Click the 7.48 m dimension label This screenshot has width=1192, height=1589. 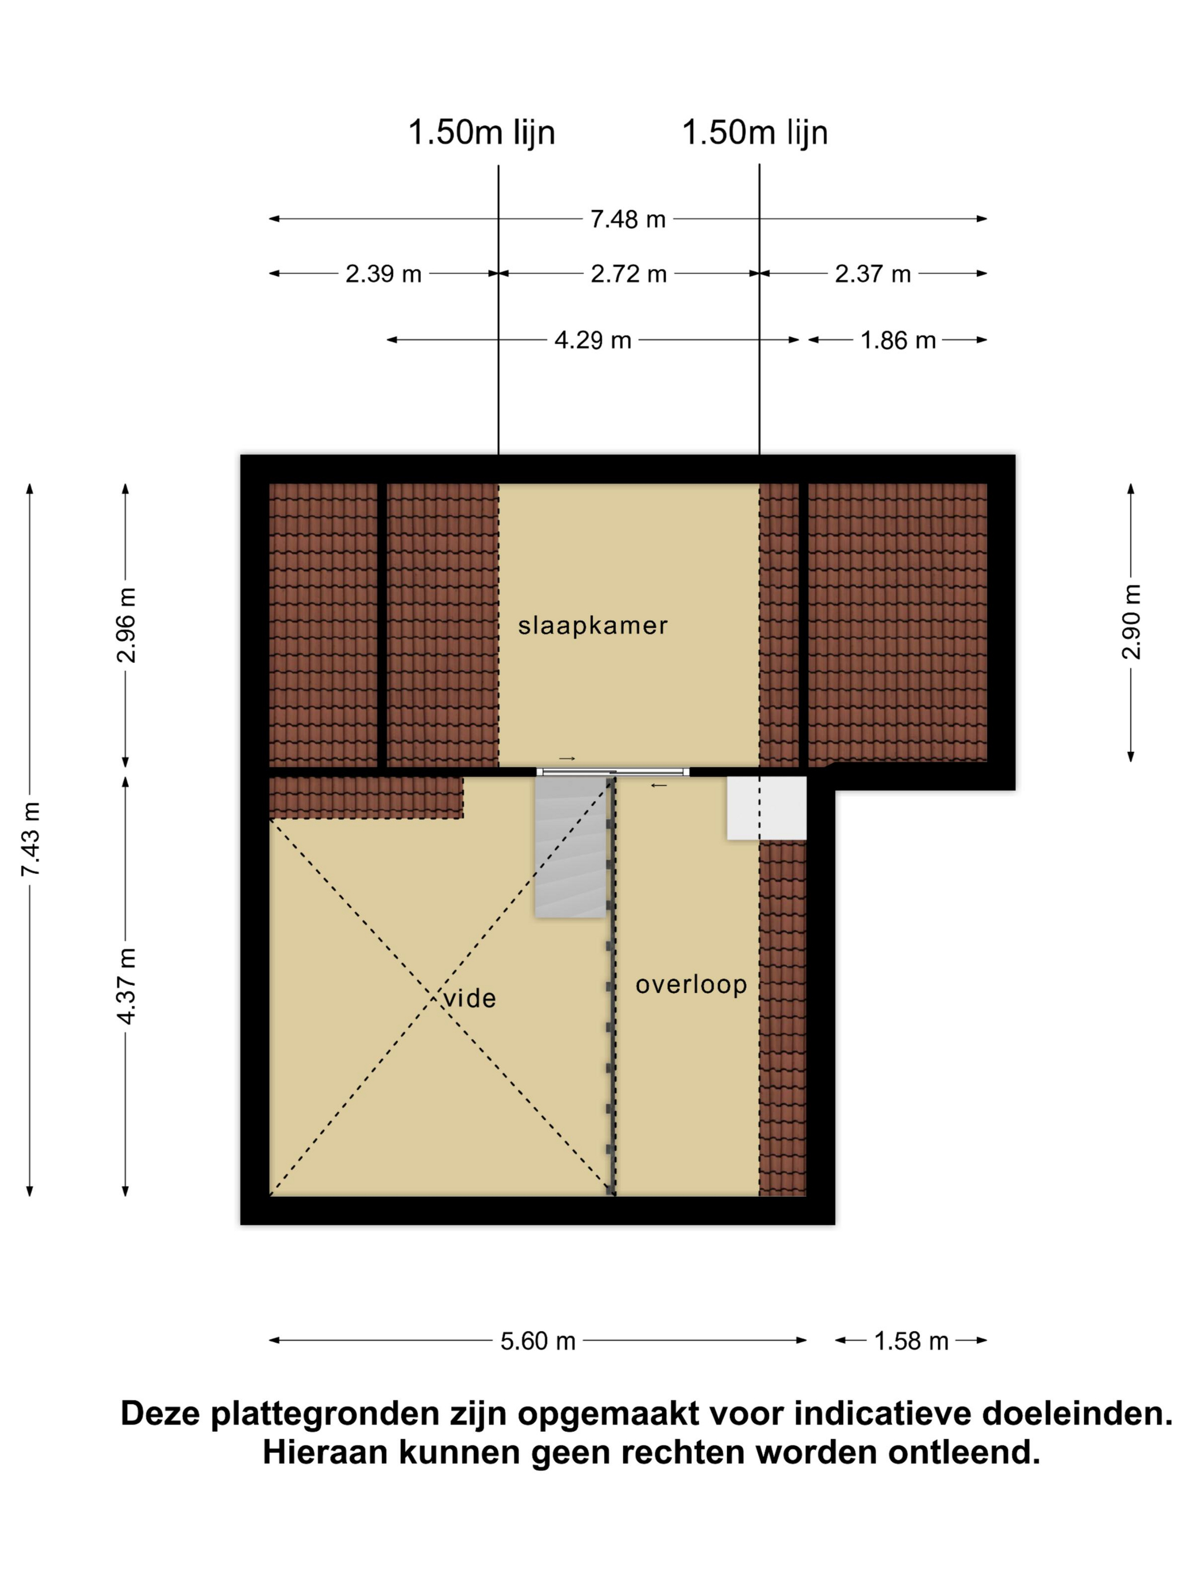(627, 218)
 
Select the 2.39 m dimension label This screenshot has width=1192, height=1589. (383, 274)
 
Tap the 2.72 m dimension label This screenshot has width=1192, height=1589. (629, 274)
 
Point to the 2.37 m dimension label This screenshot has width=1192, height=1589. (872, 274)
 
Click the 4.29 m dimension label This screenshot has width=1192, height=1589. (593, 340)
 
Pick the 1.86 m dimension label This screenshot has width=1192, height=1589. (898, 340)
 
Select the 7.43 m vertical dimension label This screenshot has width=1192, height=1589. (30, 838)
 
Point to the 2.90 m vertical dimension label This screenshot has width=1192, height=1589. (1131, 621)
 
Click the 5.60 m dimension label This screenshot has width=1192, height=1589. (538, 1340)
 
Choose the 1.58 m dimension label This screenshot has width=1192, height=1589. (911, 1340)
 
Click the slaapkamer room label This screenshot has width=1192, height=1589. (593, 626)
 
